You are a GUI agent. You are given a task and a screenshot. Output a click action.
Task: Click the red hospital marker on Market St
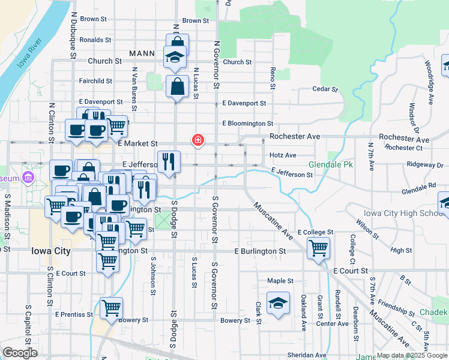tap(196, 140)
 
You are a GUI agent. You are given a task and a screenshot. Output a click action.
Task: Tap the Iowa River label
tap(29, 53)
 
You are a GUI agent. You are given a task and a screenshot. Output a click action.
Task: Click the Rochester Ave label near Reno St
tap(295, 136)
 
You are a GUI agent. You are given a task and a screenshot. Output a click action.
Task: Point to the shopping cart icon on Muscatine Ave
tap(318, 247)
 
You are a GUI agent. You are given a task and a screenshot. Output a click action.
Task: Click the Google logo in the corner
tap(19, 353)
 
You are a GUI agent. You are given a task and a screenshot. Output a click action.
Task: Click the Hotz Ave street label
tap(283, 155)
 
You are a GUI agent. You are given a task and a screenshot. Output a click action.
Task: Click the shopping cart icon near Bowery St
tap(112, 308)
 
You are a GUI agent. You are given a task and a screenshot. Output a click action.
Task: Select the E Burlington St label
tap(260, 251)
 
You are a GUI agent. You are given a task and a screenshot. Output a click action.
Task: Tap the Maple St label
tap(280, 280)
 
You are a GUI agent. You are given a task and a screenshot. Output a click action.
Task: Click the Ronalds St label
tap(95, 40)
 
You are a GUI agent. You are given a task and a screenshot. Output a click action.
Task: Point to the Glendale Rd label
tap(418, 186)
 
